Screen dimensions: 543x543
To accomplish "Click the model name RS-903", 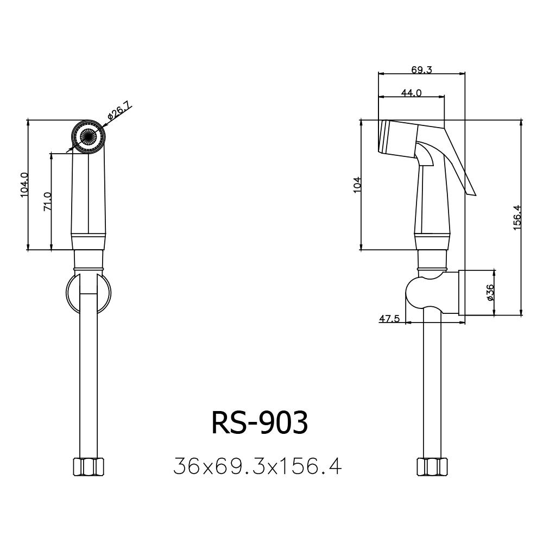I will tap(260, 422).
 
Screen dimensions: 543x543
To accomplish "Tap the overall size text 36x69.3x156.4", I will tap(257, 466).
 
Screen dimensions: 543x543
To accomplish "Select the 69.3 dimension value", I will tap(421, 70).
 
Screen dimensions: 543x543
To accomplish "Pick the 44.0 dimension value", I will tap(411, 93).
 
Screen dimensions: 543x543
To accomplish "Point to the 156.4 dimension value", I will tap(517, 217).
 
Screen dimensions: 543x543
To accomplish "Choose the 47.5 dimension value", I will tap(389, 319).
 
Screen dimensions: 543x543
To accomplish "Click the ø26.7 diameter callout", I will tap(119, 111).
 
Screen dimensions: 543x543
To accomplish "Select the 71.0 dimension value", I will tap(47, 201).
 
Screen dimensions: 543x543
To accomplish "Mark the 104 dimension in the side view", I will tap(357, 185).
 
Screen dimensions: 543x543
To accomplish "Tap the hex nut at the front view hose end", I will tap(88, 466).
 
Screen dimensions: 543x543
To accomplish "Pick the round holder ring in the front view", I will tap(70, 293).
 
